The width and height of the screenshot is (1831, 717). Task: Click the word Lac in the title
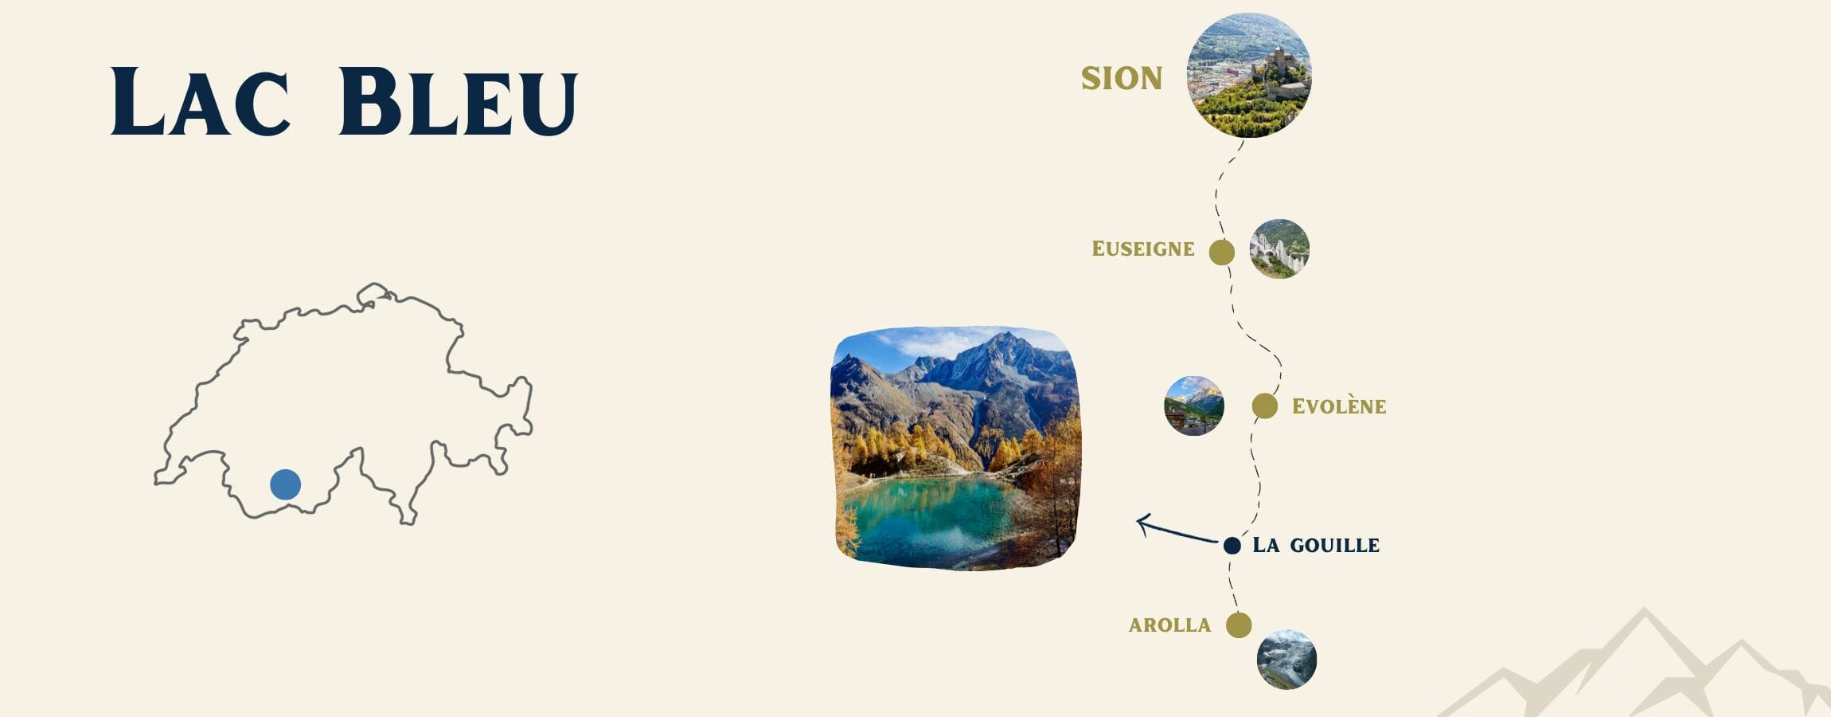click(x=199, y=101)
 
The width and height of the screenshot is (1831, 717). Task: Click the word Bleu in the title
click(x=458, y=101)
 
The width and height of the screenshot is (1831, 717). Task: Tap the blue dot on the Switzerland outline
click(x=285, y=484)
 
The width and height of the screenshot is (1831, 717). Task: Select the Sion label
click(x=1122, y=78)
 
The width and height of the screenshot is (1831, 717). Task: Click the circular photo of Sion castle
click(x=1248, y=75)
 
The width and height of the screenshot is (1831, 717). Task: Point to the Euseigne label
click(x=1143, y=249)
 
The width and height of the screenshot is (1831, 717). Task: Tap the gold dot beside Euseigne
click(x=1221, y=253)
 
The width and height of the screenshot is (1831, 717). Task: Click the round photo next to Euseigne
click(x=1279, y=249)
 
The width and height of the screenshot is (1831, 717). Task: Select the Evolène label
click(x=1339, y=406)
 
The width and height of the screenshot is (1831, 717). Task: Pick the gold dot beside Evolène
click(x=1264, y=406)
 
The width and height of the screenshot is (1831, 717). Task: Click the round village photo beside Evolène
click(x=1193, y=406)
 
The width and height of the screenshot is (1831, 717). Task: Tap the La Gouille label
click(x=1315, y=546)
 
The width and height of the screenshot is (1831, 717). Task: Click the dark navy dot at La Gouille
click(x=1232, y=546)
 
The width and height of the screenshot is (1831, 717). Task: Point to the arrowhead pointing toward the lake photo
click(x=1142, y=523)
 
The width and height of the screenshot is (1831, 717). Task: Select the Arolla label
click(x=1169, y=625)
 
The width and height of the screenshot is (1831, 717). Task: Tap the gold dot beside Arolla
click(x=1238, y=625)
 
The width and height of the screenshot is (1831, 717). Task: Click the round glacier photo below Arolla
click(x=1286, y=660)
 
